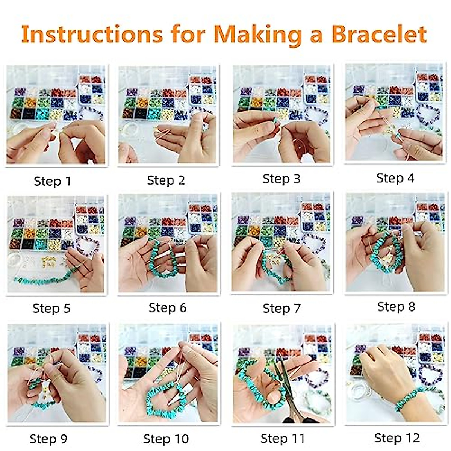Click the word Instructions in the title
tap(92, 34)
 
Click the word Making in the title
tap(257, 35)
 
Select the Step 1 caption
tap(52, 181)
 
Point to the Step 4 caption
tap(395, 178)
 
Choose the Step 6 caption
tap(167, 308)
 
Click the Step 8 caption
tap(396, 307)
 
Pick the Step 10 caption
tap(166, 439)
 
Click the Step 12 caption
tap(397, 438)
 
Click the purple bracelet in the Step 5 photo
tap(88, 244)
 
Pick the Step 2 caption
tap(166, 180)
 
